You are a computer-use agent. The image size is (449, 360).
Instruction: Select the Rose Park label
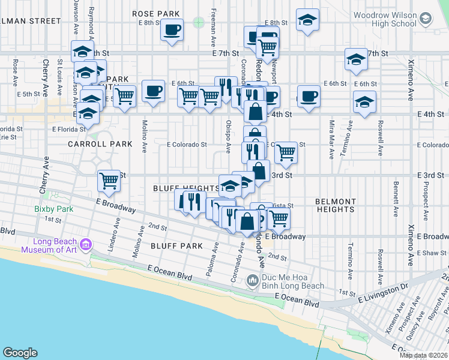pyautogui.click(x=156, y=13)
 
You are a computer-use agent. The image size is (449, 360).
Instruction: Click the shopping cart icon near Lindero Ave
pyautogui.click(x=109, y=180)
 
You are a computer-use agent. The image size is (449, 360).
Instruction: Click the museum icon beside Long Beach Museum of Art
pyautogui.click(x=86, y=245)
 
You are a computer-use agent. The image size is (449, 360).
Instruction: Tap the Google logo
pyautogui.click(x=19, y=353)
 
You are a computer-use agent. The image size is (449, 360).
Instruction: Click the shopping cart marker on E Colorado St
pyautogui.click(x=286, y=152)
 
